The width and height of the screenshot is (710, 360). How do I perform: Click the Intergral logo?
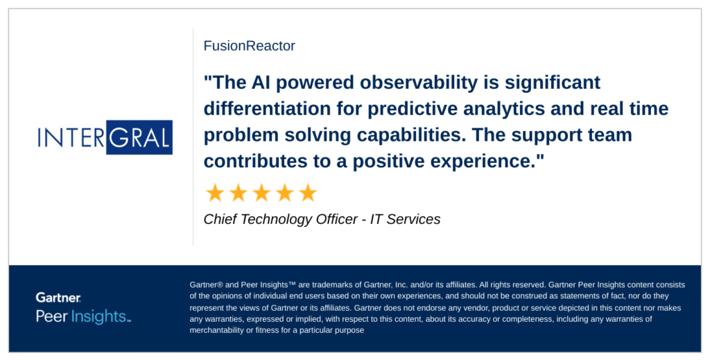(105, 137)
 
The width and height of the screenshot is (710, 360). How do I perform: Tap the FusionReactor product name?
(249, 46)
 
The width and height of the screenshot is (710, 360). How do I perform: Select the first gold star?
(215, 193)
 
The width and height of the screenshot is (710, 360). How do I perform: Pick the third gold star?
(261, 193)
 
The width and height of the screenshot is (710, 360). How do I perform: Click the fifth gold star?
(308, 193)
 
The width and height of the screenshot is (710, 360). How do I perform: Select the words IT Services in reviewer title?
(405, 219)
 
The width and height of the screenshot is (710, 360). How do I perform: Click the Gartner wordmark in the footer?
(58, 298)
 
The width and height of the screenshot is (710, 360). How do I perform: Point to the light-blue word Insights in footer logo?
(98, 316)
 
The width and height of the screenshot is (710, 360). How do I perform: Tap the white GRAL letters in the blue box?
(139, 137)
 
